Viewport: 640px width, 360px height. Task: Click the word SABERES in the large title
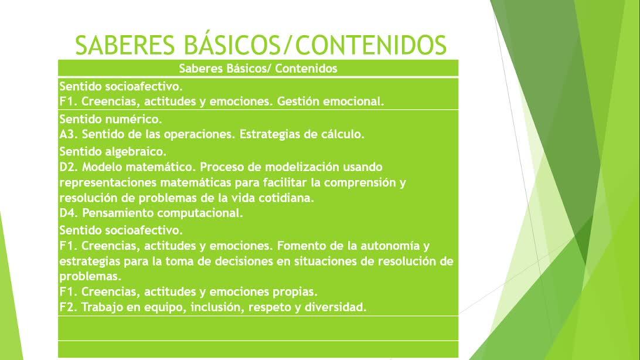click(x=125, y=45)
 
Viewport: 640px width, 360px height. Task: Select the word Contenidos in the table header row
click(x=306, y=68)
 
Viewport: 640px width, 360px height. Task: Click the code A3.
click(x=69, y=134)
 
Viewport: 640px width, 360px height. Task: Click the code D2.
click(x=69, y=167)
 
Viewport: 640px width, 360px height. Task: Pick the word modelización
click(x=302, y=167)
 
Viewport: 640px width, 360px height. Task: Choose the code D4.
click(x=69, y=213)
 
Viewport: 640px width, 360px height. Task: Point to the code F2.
click(x=69, y=307)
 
